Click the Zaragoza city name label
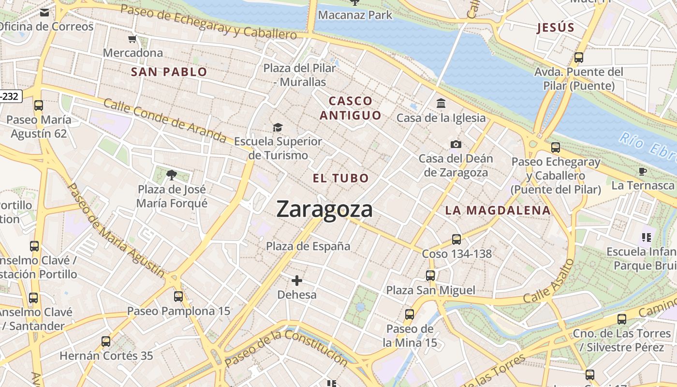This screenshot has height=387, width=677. point(324,209)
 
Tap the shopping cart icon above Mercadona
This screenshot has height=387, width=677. point(132,39)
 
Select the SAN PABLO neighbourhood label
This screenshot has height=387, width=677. point(169,72)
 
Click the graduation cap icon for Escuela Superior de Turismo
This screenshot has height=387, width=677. point(278,127)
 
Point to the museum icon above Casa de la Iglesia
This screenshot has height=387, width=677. point(441,104)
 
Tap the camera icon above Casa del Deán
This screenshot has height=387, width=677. point(456,144)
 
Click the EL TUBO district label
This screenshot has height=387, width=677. point(341,178)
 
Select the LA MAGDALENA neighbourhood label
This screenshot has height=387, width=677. point(498,210)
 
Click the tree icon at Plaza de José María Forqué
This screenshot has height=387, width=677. point(171,175)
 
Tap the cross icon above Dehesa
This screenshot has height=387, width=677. point(297,281)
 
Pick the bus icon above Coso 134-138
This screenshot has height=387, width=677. point(456,239)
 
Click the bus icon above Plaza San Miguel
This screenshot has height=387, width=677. point(430,276)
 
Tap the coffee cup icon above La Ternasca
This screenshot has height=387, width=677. point(643,171)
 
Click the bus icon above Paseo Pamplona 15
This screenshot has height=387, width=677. point(178,297)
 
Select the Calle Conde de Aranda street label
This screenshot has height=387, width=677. point(164,120)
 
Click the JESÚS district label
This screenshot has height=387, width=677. point(556,28)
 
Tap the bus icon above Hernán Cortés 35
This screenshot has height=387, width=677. point(106,342)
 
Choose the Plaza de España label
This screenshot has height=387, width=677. point(308,246)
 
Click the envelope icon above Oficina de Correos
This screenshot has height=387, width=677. point(44,13)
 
